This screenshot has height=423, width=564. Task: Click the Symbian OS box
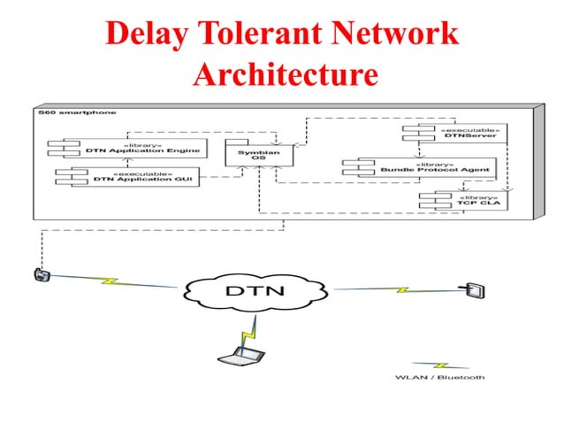tap(249, 157)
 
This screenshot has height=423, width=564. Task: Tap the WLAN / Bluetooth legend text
tap(439, 378)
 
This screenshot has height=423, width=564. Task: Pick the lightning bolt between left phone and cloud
tap(111, 281)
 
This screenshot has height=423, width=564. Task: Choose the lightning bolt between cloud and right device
tap(400, 288)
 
